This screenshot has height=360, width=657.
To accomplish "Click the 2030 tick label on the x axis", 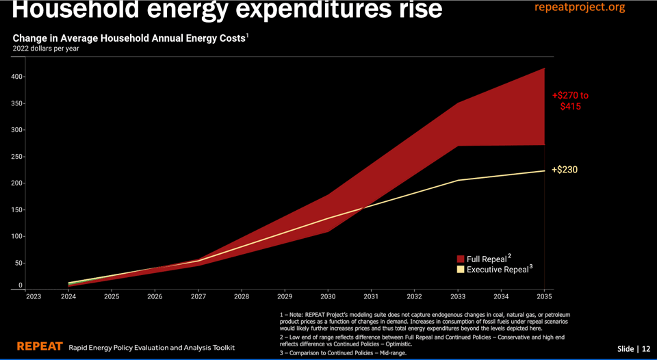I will [328, 297].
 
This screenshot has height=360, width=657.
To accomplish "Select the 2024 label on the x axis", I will [69, 297].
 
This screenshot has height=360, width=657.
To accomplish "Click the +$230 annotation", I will [565, 170].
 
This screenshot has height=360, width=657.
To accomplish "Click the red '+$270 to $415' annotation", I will [570, 101].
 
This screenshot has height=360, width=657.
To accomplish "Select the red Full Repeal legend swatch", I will [461, 259].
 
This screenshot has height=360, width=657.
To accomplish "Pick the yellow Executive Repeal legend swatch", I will [461, 270].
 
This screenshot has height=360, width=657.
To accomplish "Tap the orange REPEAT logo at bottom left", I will [40, 346].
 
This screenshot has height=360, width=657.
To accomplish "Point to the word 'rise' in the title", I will [413, 10].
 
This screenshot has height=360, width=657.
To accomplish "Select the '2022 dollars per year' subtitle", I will [45, 49].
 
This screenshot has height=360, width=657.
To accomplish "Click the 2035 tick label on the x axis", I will [544, 297].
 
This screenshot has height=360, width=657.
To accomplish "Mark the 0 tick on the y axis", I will [21, 285].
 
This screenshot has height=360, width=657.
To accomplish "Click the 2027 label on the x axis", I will [198, 297].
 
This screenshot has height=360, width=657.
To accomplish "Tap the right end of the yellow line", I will [545, 170].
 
